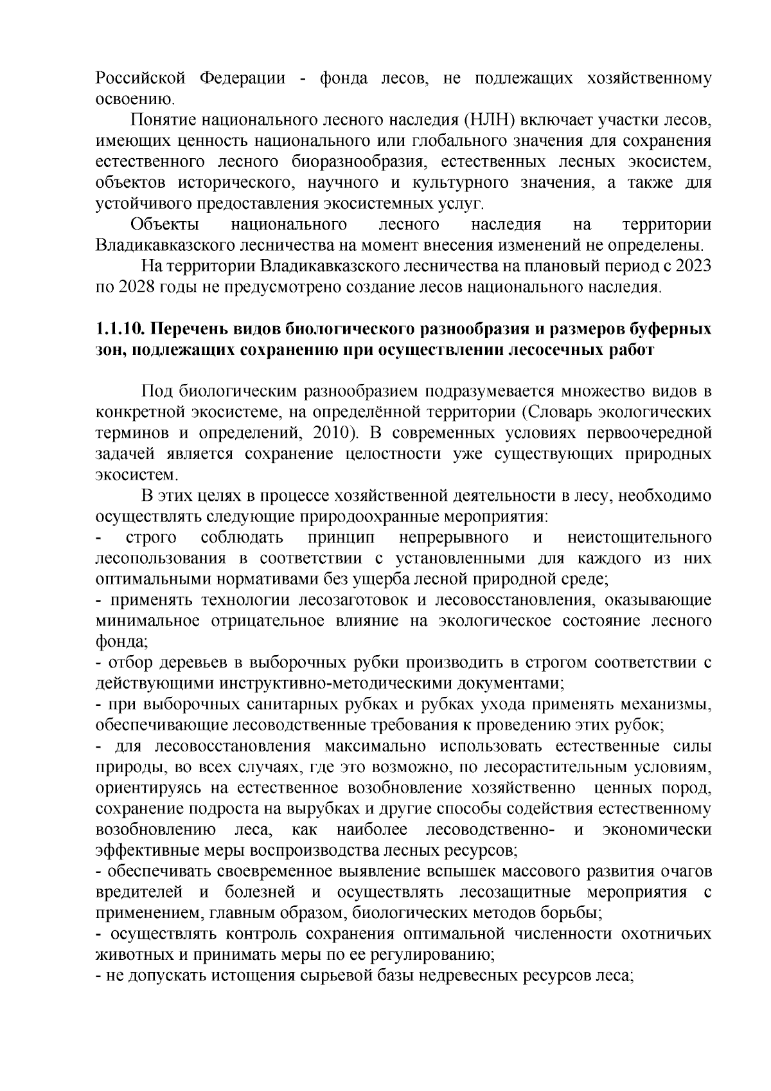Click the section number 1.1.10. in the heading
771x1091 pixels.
point(120,329)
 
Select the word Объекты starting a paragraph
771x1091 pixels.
point(164,224)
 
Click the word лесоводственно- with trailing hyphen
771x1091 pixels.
point(491,829)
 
